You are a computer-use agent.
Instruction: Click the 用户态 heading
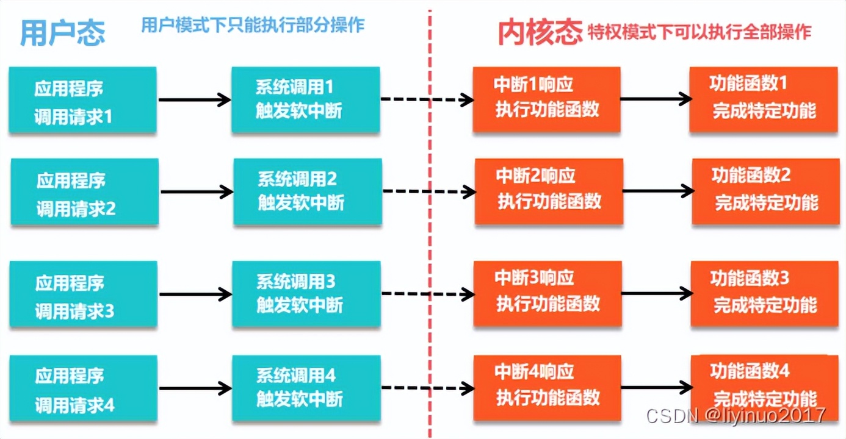point(62,32)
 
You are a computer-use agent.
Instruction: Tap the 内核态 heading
point(540,32)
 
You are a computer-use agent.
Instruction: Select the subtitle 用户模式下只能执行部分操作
point(253,25)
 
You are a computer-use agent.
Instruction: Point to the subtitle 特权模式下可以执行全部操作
point(700,32)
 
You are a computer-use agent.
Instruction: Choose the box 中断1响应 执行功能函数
point(546,99)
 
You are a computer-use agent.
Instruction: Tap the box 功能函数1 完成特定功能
point(763,99)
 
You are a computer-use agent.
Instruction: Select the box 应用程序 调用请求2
point(84,193)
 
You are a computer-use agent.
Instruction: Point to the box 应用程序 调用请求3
point(83,295)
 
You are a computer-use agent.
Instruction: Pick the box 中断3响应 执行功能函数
point(548,293)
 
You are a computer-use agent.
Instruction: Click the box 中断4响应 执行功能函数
point(548,387)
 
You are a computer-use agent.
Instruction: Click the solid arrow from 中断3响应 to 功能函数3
point(656,293)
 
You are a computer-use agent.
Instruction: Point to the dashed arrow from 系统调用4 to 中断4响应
point(427,387)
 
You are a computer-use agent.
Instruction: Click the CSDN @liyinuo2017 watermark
point(736,416)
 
